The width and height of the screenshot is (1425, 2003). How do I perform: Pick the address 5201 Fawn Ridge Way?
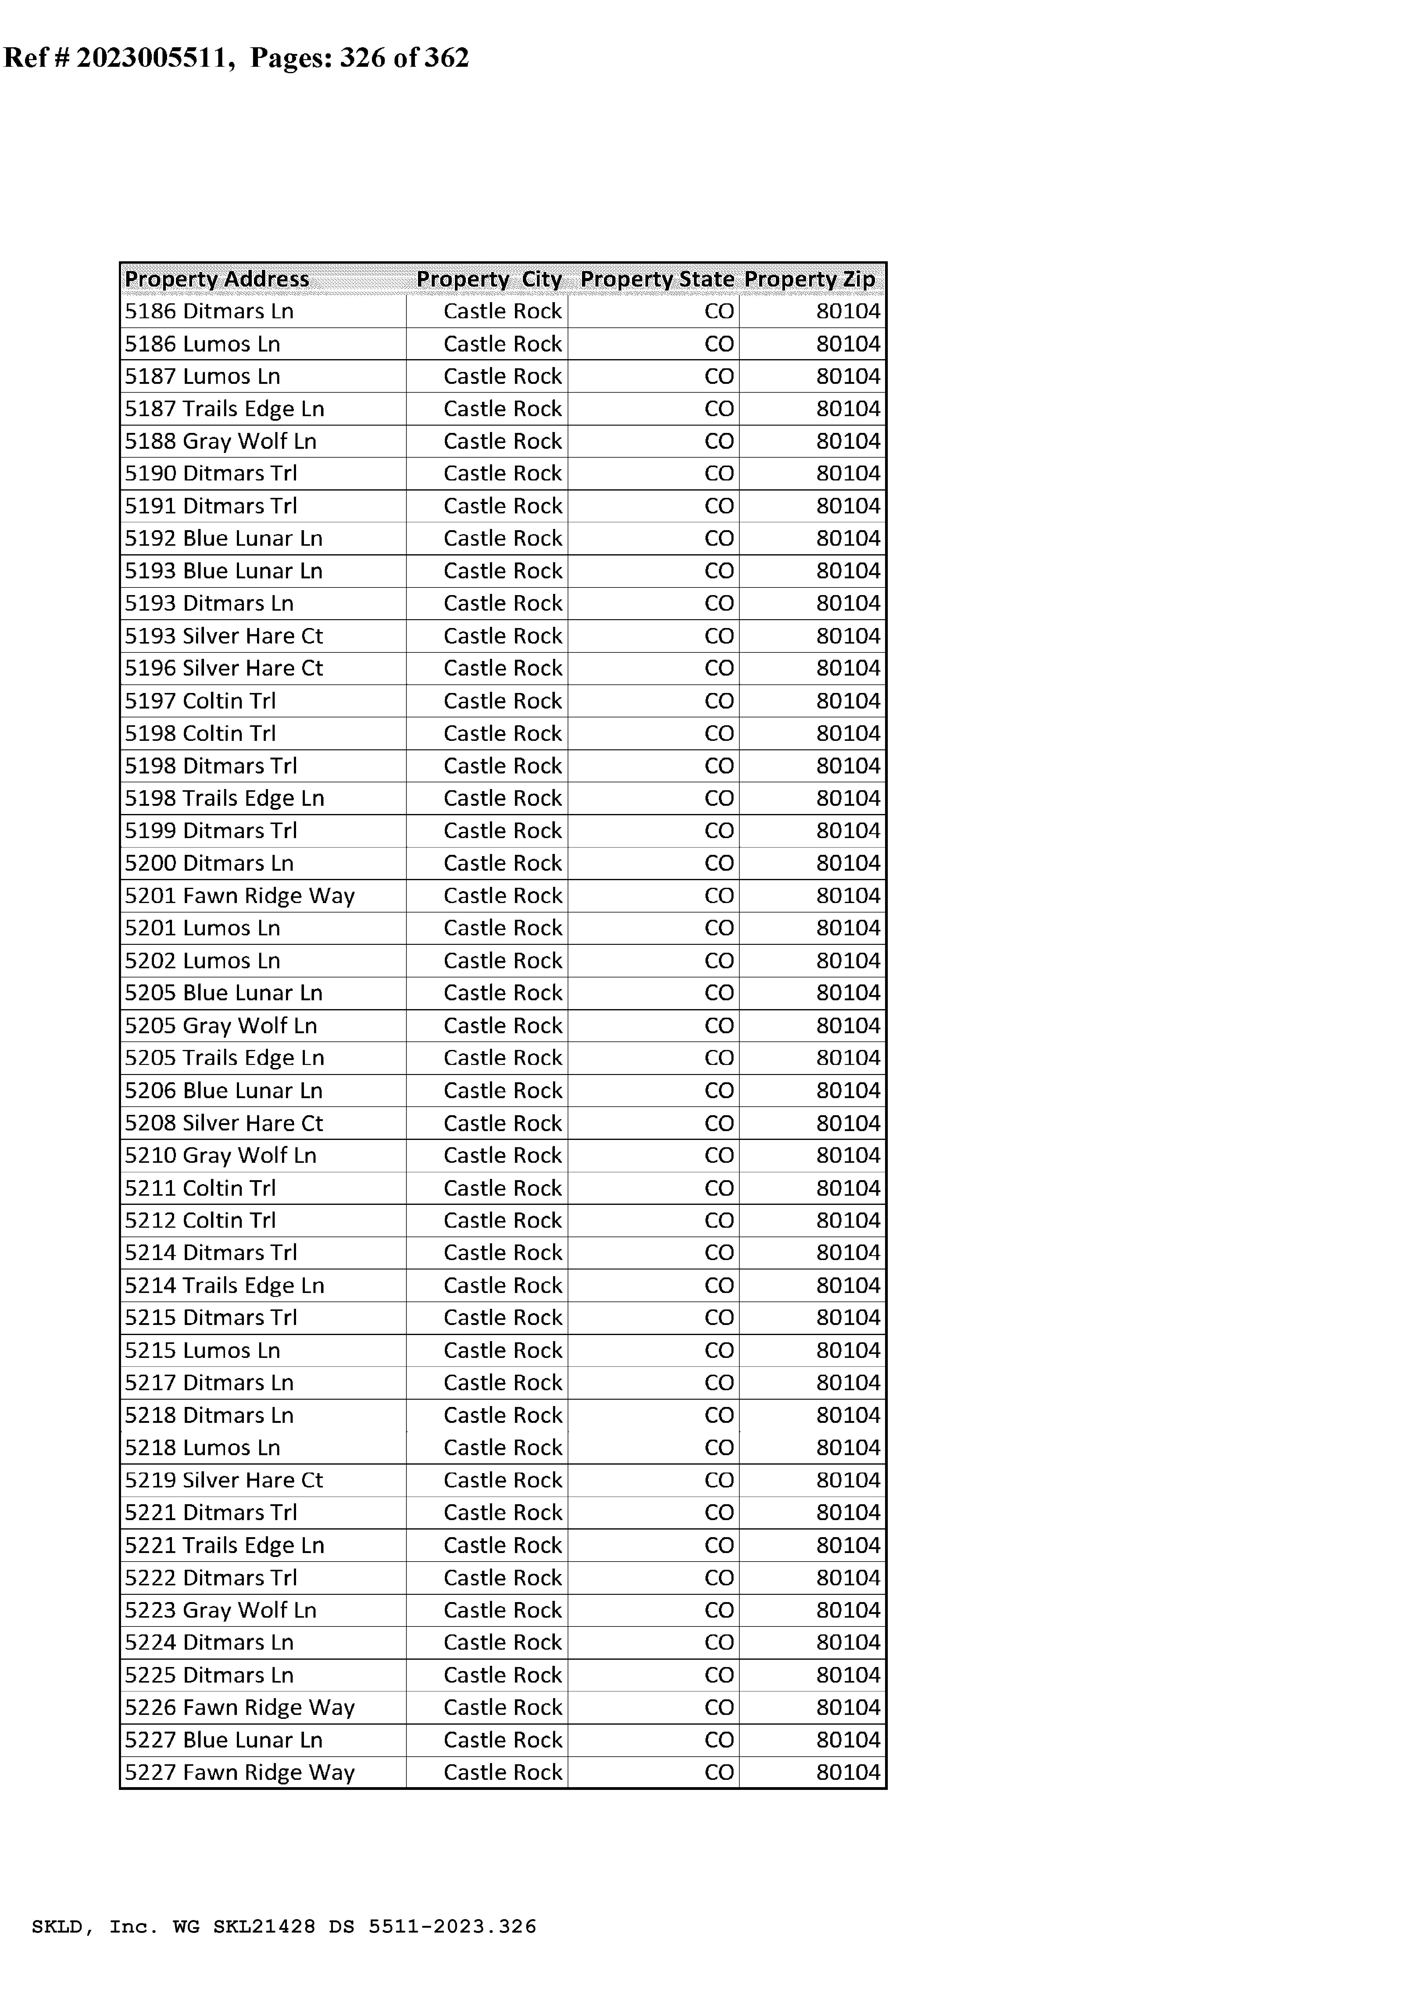pos(240,896)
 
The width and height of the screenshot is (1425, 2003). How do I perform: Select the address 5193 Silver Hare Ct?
pos(224,636)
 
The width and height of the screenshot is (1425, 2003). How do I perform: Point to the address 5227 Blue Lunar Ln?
pos(224,1740)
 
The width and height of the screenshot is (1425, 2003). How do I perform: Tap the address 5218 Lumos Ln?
pos(203,1448)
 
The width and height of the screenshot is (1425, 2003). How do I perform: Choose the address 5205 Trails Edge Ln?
pos(225,1058)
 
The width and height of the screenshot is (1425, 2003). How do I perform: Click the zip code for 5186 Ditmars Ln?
pos(848,312)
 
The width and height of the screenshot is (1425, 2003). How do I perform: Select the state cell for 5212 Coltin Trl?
pos(719,1220)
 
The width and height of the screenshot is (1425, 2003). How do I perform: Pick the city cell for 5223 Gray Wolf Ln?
pos(502,1610)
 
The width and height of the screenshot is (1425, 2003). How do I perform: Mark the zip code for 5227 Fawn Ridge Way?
pos(848,1772)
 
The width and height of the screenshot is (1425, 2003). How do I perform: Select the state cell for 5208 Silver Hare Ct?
pos(719,1123)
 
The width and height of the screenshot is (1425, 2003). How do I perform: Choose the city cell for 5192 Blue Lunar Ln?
pos(502,539)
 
